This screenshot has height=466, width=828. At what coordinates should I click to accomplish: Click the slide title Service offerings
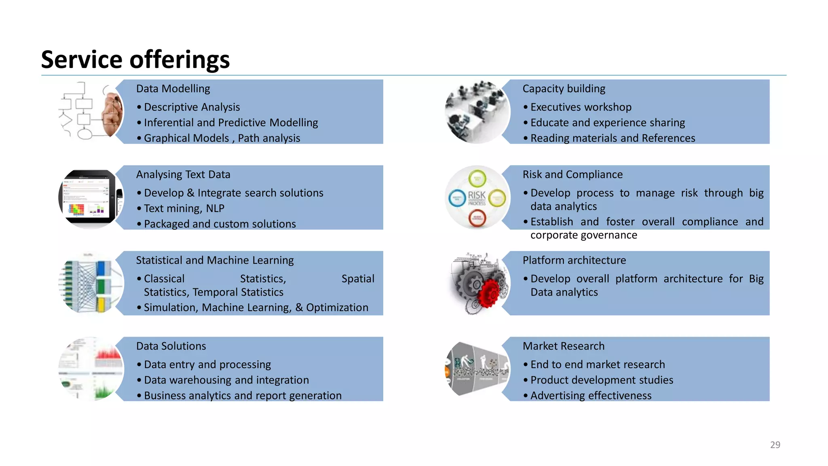[135, 59]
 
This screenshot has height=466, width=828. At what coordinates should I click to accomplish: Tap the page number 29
[775, 445]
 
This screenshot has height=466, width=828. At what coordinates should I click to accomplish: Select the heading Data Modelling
[173, 89]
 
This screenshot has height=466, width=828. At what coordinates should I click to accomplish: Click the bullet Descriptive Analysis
[192, 107]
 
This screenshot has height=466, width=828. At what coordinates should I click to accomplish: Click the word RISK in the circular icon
[477, 196]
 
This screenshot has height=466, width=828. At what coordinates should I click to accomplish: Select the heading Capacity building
[564, 89]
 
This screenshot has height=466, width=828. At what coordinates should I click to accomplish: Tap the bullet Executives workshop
[581, 107]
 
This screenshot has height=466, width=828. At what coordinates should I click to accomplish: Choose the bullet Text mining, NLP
[184, 208]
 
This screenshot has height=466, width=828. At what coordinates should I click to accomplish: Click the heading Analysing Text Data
[183, 174]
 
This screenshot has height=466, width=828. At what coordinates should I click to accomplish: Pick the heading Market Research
[563, 346]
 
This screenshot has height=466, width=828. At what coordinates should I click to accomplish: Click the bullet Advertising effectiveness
[591, 396]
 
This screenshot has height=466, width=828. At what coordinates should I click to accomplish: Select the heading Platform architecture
[574, 260]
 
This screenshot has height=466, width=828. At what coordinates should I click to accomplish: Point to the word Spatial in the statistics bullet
[357, 279]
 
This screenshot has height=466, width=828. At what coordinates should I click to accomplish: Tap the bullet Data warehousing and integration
[226, 380]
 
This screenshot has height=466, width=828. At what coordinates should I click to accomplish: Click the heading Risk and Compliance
[572, 174]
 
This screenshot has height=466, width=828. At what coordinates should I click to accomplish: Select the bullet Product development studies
[602, 380]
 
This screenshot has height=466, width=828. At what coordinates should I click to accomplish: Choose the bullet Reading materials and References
[613, 138]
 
